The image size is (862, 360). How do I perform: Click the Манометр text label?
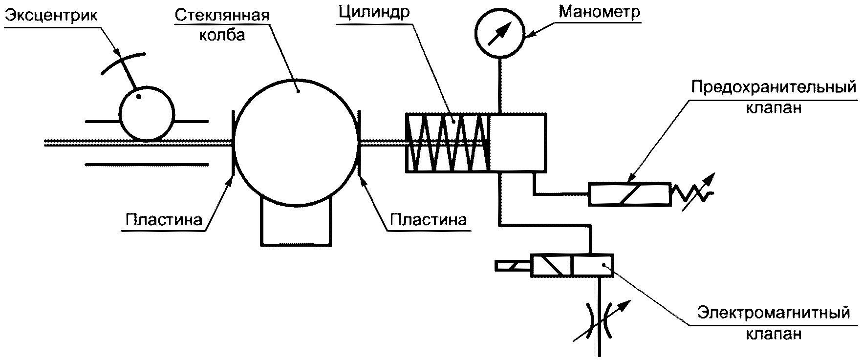[599, 12]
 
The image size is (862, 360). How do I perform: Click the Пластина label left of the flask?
[164, 220]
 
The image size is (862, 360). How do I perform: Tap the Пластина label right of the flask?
[428, 220]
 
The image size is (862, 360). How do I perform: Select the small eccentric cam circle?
[147, 115]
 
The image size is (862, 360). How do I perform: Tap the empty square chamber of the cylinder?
[518, 143]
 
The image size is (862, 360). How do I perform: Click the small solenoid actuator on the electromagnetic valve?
[513, 266]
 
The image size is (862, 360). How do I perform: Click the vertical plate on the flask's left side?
[233, 143]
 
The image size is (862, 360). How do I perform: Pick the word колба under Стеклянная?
[222, 36]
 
